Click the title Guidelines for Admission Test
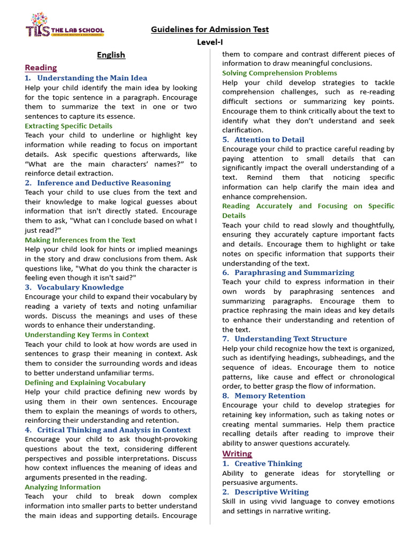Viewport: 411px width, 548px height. point(210,29)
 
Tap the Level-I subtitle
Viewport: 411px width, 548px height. point(210,42)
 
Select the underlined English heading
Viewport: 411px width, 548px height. point(111,55)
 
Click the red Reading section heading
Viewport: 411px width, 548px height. point(41,67)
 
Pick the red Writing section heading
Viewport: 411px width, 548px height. point(237,454)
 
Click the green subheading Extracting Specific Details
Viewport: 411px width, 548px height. point(68,126)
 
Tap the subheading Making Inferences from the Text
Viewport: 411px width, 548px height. point(80,240)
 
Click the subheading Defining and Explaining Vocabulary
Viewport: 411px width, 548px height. point(85,382)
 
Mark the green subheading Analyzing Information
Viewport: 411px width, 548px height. point(63,487)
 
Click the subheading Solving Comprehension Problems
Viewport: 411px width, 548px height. point(280,73)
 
